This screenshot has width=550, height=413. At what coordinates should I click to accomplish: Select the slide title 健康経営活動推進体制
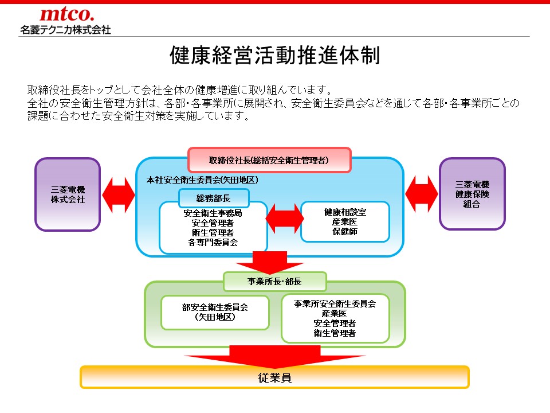point(275,56)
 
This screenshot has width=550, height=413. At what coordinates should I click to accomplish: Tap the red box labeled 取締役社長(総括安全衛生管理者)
point(269,160)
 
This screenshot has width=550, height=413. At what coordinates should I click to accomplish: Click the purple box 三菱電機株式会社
point(68,194)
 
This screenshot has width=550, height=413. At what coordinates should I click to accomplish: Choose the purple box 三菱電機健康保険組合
point(472,194)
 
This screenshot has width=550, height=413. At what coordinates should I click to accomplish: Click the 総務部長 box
point(214,198)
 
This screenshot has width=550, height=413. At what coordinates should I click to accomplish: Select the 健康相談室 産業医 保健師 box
point(345,221)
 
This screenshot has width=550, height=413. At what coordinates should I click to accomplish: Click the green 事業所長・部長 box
point(274,282)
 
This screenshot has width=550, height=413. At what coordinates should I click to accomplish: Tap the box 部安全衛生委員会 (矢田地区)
point(215,312)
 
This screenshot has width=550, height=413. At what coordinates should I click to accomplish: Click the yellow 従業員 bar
point(274,377)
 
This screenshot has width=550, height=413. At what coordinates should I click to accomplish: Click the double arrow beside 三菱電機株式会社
point(118,194)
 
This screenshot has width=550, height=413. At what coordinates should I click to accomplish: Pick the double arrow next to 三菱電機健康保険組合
point(422,194)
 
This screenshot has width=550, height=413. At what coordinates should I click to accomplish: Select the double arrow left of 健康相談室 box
point(284,219)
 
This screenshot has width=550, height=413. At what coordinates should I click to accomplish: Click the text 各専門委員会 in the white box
point(213,243)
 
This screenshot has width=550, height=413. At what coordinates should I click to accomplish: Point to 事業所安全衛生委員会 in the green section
point(335,304)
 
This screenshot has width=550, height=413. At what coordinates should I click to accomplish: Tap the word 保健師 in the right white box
point(344,231)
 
